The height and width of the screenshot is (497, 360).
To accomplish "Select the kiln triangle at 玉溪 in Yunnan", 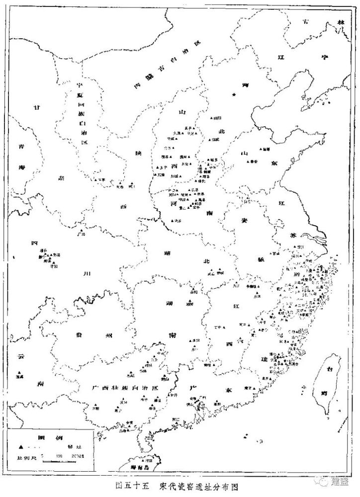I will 19,373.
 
